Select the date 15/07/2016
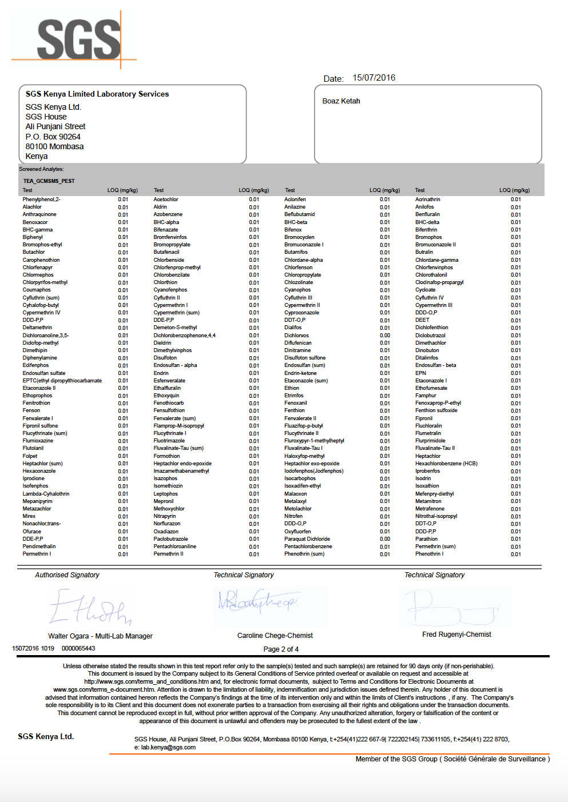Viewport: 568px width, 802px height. [x=374, y=78]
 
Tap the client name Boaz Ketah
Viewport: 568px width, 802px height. [x=341, y=101]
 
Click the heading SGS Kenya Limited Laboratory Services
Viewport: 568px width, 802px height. [x=97, y=94]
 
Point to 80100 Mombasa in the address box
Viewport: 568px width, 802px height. [x=54, y=146]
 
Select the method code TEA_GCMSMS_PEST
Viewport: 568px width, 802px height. [x=49, y=181]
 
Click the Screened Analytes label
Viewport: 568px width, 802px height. [x=41, y=169]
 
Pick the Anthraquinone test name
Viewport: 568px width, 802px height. [x=39, y=214]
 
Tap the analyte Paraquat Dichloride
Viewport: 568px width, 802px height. [x=307, y=539]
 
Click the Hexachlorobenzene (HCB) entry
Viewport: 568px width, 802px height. [x=446, y=464]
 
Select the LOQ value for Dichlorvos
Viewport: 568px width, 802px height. [x=385, y=336]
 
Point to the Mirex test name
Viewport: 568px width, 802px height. [x=29, y=516]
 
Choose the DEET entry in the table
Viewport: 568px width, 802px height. [x=422, y=320]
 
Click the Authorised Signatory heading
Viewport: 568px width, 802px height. [x=67, y=575]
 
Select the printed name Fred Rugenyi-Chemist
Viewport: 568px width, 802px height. [x=456, y=635]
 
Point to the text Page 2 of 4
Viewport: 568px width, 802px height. [x=281, y=649]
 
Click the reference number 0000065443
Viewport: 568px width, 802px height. [x=78, y=648]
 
